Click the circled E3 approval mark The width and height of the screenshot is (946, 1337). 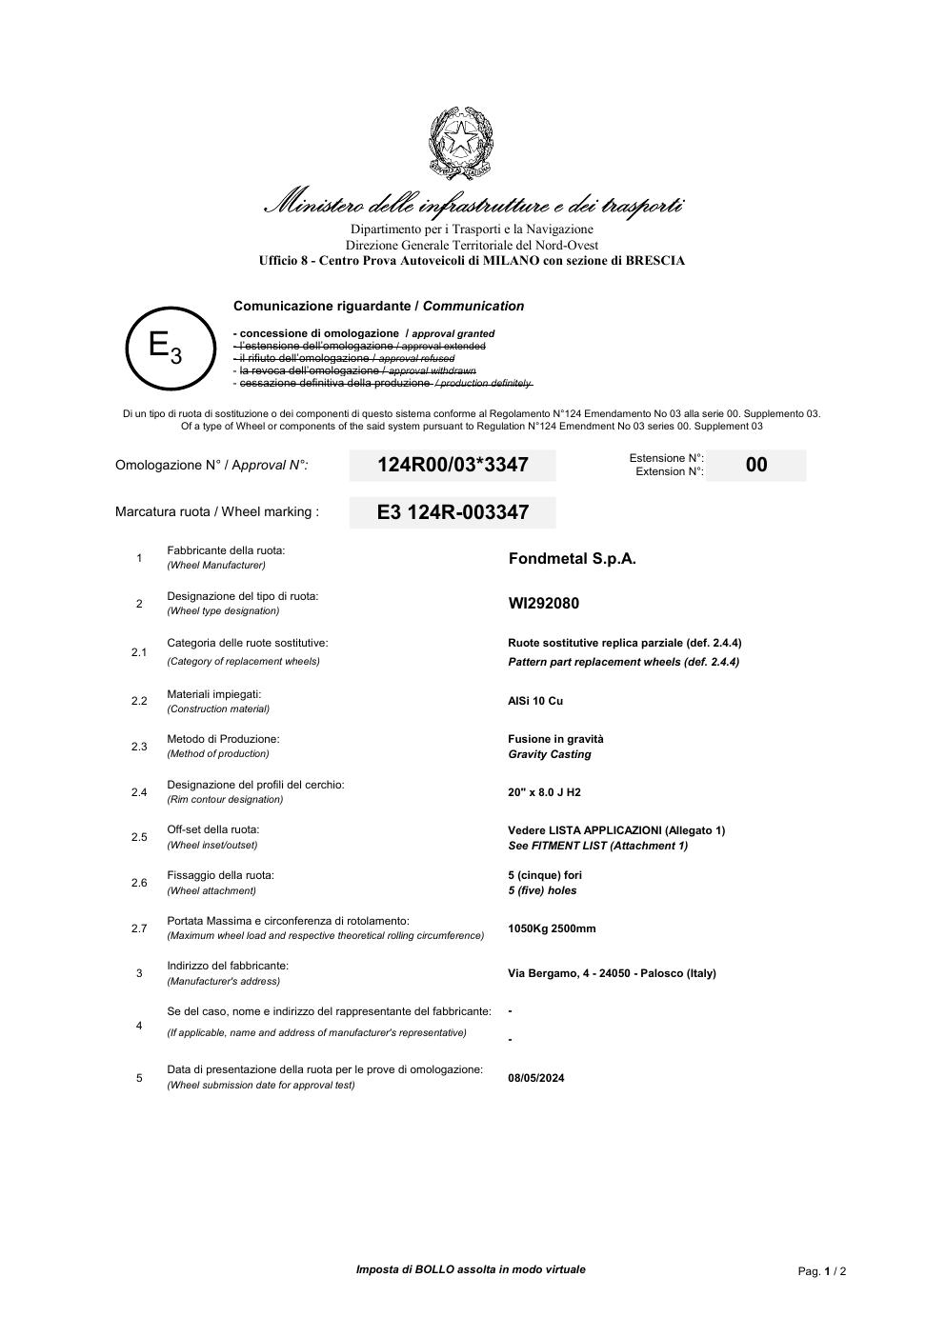tap(166, 348)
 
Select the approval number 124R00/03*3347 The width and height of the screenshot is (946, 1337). tap(453, 465)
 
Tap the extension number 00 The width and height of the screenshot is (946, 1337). tap(756, 465)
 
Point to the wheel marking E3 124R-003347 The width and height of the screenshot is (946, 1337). tap(453, 512)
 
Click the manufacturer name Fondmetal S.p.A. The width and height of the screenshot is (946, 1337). tap(572, 559)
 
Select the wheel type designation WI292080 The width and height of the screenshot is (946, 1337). tap(543, 604)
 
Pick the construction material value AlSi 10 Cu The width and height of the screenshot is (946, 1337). tap(535, 701)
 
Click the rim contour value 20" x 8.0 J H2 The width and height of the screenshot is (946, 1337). tap(544, 792)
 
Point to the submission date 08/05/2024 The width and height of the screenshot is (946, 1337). tap(536, 1078)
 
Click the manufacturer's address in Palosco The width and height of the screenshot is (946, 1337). tap(612, 973)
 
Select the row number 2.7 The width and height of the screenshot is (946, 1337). tap(139, 928)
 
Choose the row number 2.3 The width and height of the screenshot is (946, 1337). tap(139, 747)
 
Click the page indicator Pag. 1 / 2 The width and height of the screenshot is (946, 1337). tap(822, 1271)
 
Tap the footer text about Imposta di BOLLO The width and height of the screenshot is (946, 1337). tap(471, 1269)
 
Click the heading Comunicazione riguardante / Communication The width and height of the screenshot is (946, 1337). tap(378, 307)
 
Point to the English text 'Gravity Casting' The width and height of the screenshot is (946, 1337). tap(550, 754)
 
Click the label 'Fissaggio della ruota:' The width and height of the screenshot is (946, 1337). tap(220, 875)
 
